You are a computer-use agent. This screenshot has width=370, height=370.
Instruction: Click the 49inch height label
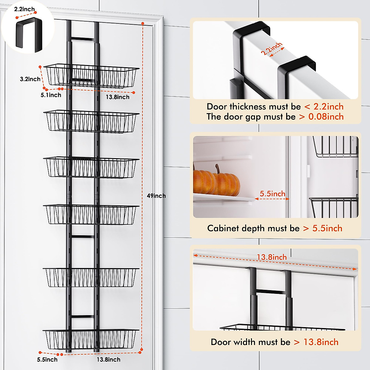pos(156,196)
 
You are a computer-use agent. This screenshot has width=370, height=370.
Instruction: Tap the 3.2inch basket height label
pos(30,79)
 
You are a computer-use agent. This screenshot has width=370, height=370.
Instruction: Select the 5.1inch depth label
pos(51,95)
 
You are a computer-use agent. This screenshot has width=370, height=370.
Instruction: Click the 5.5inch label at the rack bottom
pos(47,360)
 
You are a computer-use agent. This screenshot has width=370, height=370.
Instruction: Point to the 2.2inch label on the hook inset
pos(24,9)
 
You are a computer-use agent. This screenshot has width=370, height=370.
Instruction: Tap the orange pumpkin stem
pos(218,169)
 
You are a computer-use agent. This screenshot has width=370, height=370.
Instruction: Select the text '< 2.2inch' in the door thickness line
pos(324,107)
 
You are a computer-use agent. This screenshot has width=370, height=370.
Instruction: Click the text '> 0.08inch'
pos(321,117)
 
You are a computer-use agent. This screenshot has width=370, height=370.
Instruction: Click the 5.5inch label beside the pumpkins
pos(272,194)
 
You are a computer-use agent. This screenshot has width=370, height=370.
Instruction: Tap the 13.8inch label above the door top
pos(272,257)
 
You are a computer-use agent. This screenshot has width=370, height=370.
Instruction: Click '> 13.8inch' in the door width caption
pos(316,342)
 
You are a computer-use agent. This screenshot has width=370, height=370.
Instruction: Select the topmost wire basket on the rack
pos(91,76)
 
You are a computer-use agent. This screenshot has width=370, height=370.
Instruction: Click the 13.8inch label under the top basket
pos(117,97)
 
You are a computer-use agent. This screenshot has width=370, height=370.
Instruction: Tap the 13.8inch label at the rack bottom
pos(109,360)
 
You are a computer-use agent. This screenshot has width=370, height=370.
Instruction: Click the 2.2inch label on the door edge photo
pos(272,49)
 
